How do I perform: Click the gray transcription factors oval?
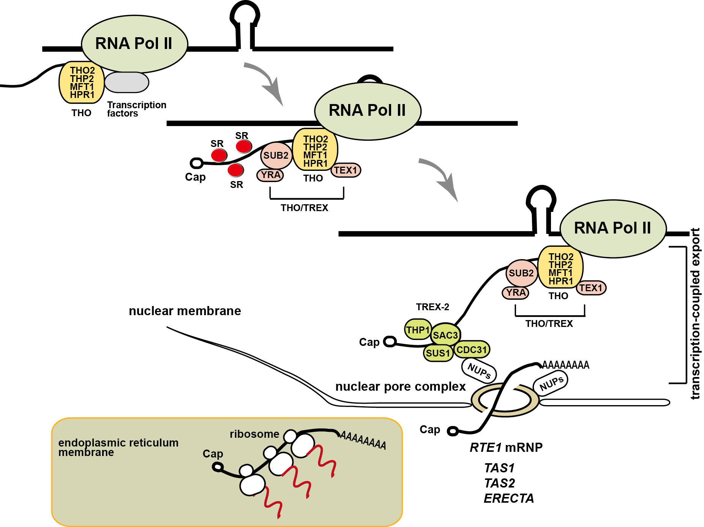(x=126, y=82)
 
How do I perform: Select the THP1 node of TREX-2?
(x=418, y=330)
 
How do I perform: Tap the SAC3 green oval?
(x=445, y=335)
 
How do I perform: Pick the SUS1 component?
(x=438, y=353)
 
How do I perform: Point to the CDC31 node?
(x=472, y=349)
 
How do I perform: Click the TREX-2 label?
(x=433, y=307)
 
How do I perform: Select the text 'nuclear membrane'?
(x=185, y=311)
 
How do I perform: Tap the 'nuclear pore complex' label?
(x=400, y=387)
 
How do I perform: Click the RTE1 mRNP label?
(x=506, y=447)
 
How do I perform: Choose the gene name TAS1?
(x=499, y=468)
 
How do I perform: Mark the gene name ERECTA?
(x=509, y=498)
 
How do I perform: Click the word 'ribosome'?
(x=254, y=434)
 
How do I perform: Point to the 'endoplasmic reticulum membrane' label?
(x=118, y=447)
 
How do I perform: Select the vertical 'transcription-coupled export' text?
(x=695, y=314)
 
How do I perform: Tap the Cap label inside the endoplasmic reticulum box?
(x=213, y=454)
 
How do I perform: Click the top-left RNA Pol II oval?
(x=134, y=44)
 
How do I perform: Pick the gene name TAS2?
(x=500, y=483)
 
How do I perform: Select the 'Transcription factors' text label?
(x=137, y=109)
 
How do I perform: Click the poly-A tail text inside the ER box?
(x=363, y=440)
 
